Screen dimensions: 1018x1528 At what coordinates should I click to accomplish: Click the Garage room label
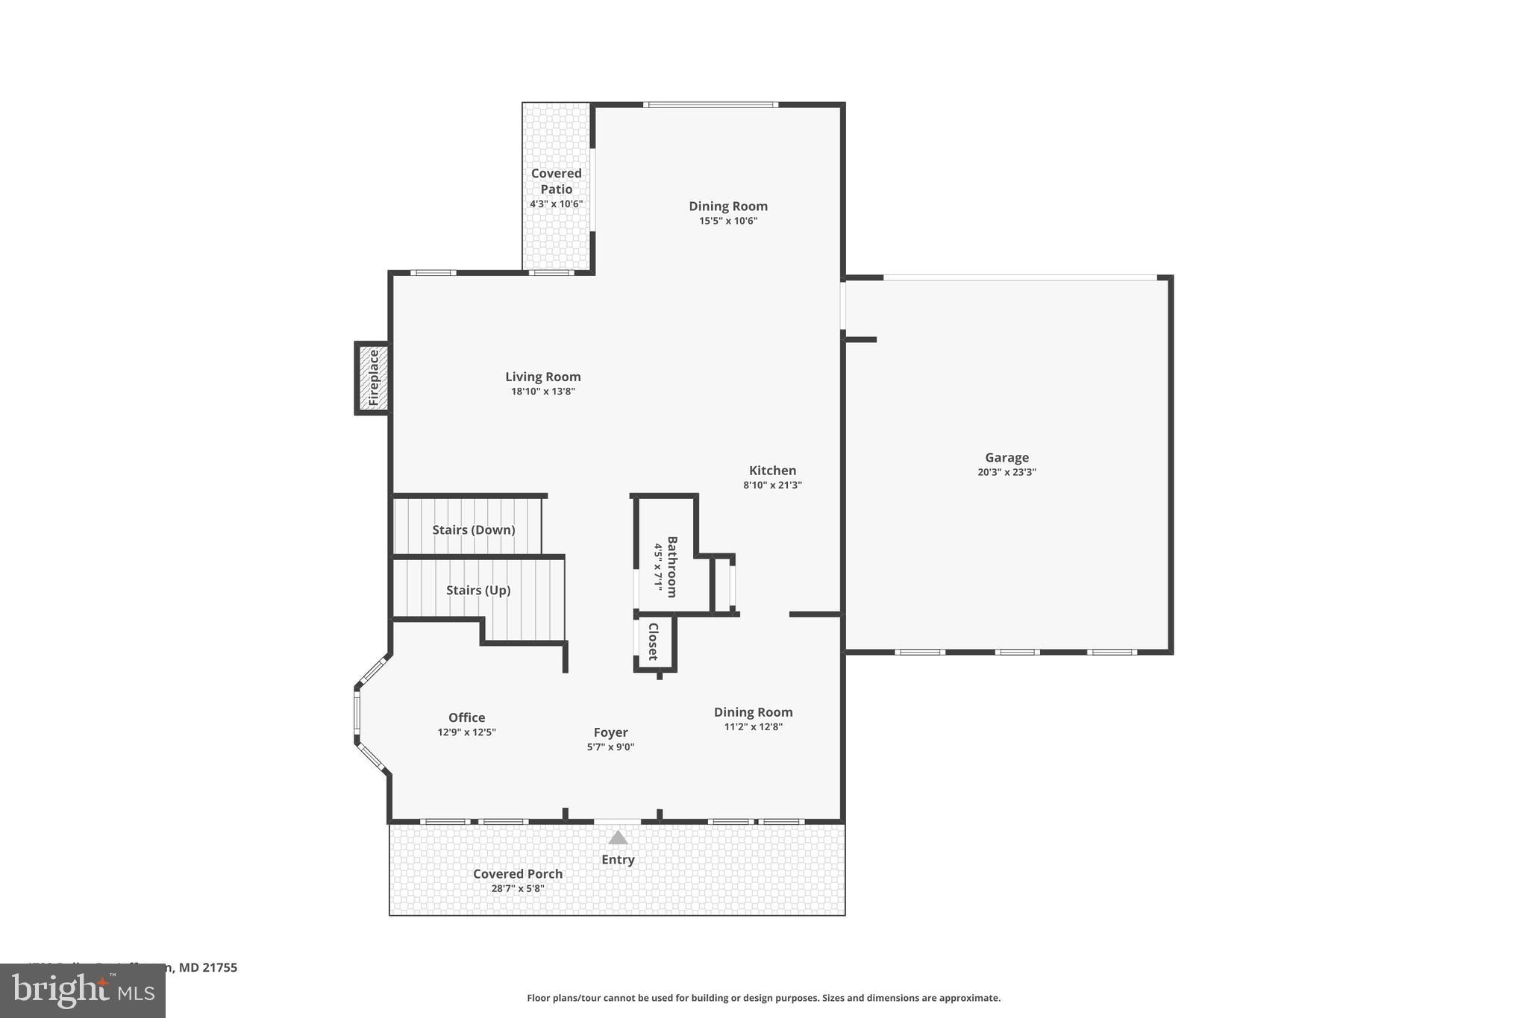1006,458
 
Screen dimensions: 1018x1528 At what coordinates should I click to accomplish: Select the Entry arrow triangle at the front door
618,838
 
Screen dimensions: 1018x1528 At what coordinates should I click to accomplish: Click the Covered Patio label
556,180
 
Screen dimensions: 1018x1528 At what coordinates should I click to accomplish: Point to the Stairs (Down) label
474,530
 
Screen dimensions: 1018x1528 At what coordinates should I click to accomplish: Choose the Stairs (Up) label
478,590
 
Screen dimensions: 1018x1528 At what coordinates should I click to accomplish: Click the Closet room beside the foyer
653,641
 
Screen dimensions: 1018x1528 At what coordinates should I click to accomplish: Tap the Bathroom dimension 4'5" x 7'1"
658,567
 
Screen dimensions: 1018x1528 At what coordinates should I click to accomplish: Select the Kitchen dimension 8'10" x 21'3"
772,485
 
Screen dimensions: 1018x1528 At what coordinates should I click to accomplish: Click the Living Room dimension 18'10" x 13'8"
542,392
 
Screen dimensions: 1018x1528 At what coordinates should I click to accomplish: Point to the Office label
466,717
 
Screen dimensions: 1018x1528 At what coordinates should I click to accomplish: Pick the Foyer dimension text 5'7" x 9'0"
610,747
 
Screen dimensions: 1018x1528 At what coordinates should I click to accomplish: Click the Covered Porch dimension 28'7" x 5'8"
518,888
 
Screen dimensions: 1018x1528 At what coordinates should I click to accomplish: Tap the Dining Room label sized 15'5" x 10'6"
727,206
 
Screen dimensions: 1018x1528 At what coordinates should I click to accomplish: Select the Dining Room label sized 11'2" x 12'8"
753,712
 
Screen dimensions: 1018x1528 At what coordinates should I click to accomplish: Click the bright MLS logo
82,991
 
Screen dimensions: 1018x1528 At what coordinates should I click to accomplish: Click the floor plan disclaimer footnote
763,998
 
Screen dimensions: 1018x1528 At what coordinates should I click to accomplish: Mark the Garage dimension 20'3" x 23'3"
1006,472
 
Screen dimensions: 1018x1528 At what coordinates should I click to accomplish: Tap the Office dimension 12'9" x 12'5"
466,732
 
